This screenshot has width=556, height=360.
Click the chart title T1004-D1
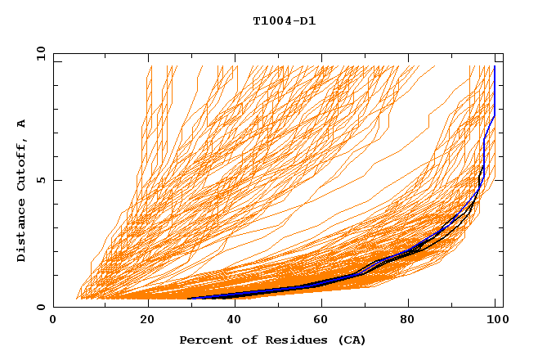point(285,20)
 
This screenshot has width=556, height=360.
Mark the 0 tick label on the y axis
point(42,308)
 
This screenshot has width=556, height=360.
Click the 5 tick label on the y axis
point(42,181)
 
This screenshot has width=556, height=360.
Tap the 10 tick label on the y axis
point(39,53)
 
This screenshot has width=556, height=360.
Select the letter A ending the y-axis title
point(21,124)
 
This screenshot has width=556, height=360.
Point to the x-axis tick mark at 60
point(325,304)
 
